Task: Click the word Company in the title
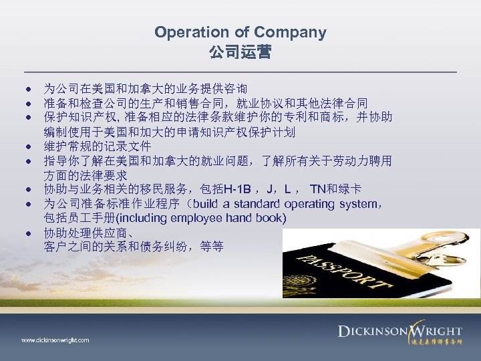coord(291,31)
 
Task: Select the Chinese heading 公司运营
coord(240,51)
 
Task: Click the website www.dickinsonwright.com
coord(55,340)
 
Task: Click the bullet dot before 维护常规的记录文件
coord(31,146)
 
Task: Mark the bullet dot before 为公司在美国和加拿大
coord(31,88)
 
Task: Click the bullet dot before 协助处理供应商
coord(31,233)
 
